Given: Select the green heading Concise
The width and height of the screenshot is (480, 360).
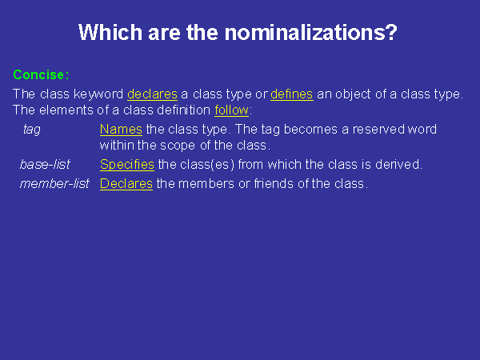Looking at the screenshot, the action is (38, 74).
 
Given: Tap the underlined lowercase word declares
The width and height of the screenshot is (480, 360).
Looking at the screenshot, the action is (152, 94).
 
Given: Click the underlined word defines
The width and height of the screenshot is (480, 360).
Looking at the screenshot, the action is (292, 94).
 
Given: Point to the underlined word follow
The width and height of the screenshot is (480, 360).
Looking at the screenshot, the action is (231, 110).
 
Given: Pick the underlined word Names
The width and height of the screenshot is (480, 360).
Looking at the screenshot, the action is (121, 129).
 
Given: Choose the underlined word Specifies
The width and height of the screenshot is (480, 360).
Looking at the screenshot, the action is (127, 164).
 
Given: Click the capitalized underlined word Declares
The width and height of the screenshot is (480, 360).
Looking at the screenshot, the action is (126, 184).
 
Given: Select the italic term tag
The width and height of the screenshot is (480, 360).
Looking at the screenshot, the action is (32, 130).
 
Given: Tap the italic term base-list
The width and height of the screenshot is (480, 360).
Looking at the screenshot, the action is (45, 164).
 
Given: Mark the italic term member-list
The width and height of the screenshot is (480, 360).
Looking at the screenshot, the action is (54, 184).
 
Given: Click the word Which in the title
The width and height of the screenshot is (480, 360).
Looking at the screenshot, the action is (110, 32).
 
